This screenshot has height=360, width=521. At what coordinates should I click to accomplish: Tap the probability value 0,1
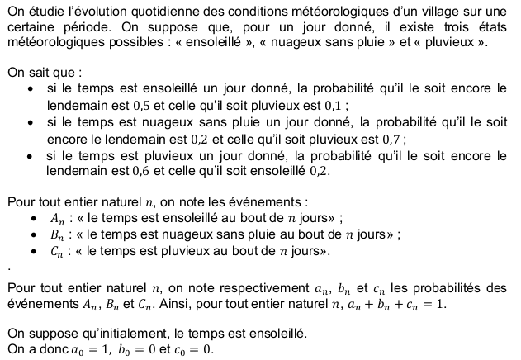[335, 105]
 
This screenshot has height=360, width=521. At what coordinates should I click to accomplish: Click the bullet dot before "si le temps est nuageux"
[31, 122]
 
